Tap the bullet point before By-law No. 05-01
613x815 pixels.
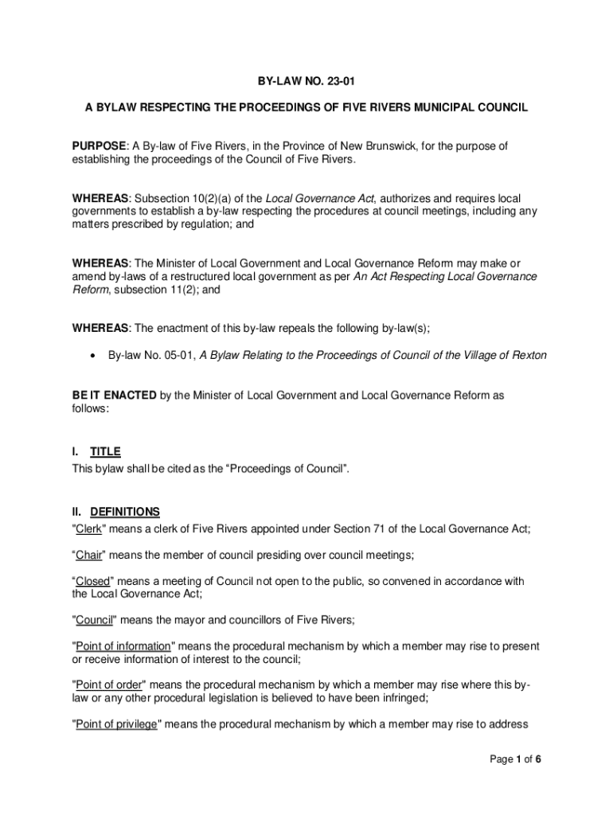click(94, 356)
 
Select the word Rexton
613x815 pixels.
click(528, 355)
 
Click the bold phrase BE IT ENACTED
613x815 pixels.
click(114, 395)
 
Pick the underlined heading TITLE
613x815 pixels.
click(105, 452)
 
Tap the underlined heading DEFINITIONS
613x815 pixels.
click(125, 512)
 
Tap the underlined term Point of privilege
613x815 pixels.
click(116, 723)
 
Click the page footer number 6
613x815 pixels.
click(538, 758)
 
